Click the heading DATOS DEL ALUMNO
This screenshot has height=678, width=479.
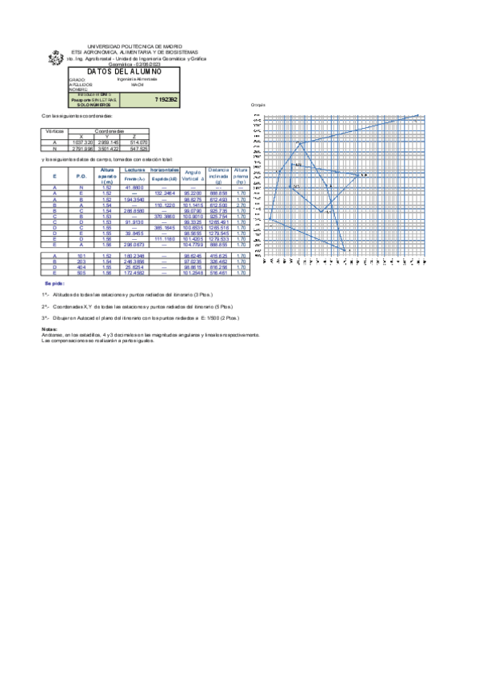(x=130, y=72)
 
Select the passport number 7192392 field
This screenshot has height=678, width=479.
(x=166, y=100)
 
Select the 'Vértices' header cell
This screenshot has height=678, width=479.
(x=54, y=130)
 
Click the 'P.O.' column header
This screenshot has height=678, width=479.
(x=80, y=175)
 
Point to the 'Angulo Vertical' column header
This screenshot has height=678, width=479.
(x=192, y=175)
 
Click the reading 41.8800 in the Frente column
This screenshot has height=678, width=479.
(x=133, y=187)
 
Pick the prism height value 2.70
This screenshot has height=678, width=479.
(x=241, y=205)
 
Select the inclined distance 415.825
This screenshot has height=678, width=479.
(x=218, y=254)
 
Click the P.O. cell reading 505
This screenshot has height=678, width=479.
(x=80, y=273)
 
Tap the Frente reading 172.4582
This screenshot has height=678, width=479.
(x=133, y=273)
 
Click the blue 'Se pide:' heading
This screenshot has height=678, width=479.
(x=54, y=283)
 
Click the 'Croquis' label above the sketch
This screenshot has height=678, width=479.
(x=257, y=106)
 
